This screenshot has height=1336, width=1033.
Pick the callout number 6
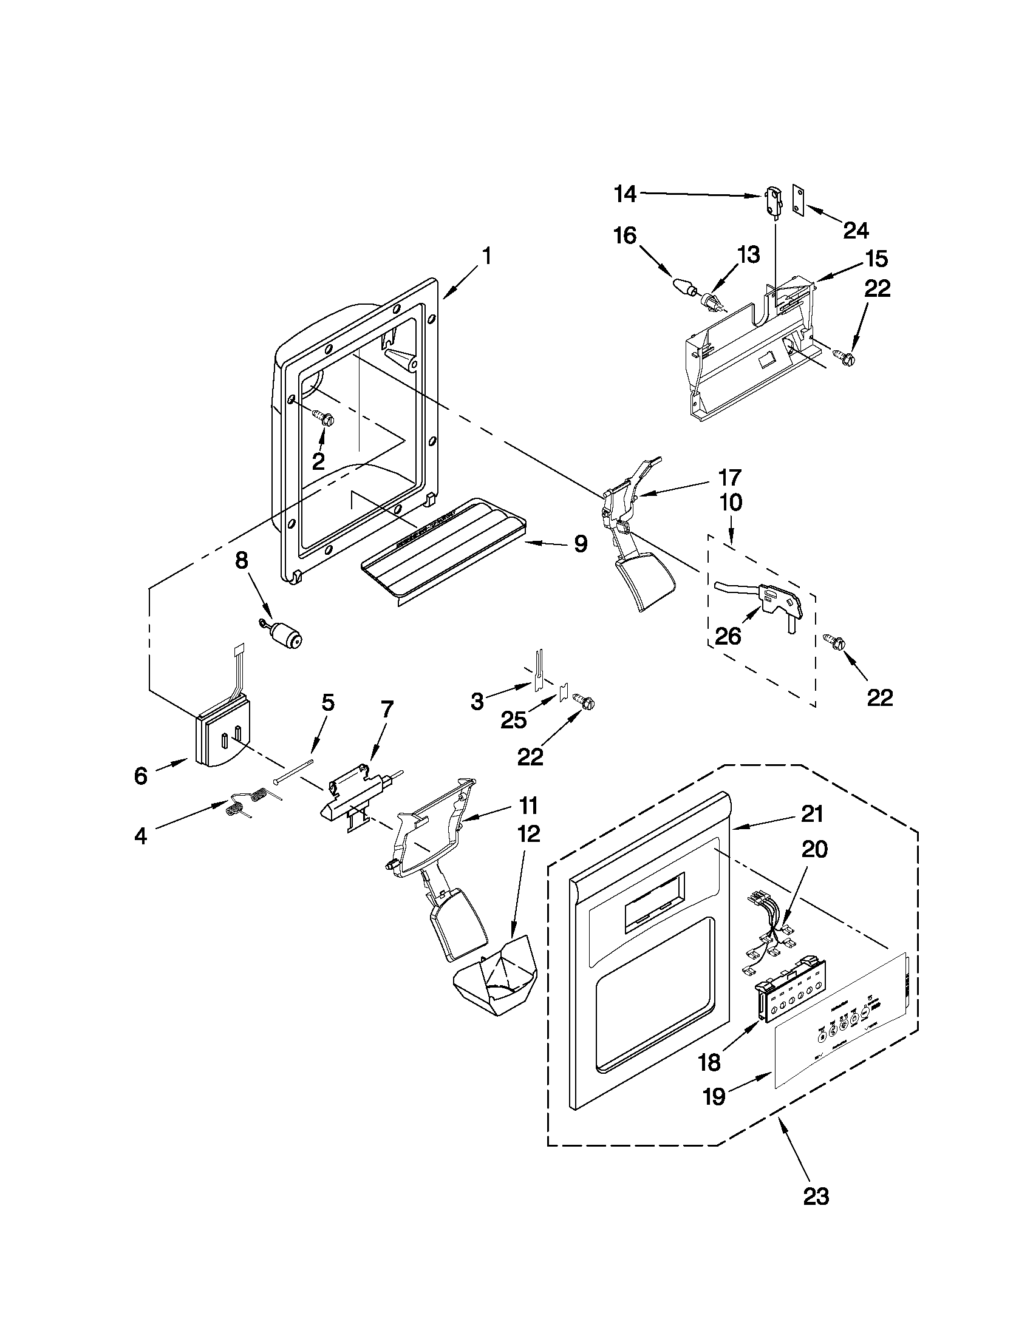pos(141,776)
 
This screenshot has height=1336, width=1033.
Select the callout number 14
pos(626,195)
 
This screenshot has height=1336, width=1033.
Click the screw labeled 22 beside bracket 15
pos(844,359)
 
